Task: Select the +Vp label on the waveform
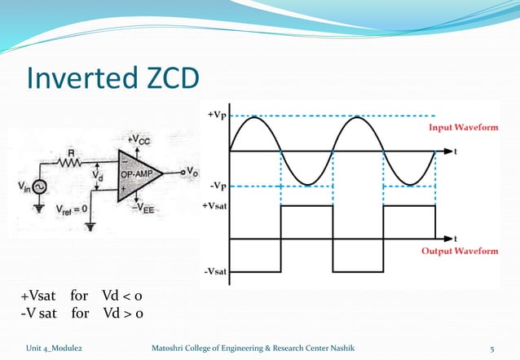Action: tap(217, 116)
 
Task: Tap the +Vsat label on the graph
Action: tap(214, 207)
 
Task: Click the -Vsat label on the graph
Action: tap(214, 270)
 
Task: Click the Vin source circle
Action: tap(39, 187)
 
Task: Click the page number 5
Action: tap(491, 348)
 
